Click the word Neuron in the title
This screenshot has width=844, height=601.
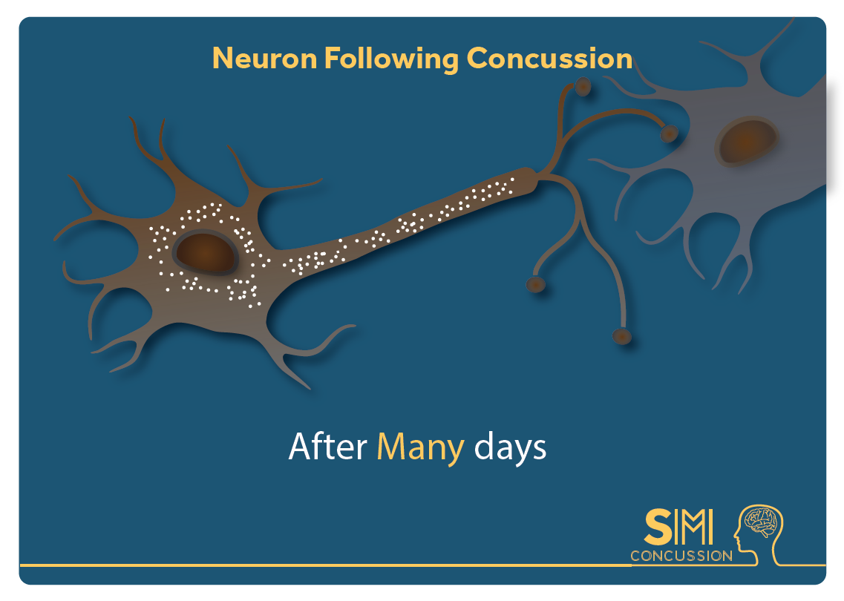tap(265, 58)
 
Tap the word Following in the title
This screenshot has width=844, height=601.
tap(391, 59)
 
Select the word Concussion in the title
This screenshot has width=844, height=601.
tap(549, 58)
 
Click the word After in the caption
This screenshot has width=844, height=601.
tap(328, 447)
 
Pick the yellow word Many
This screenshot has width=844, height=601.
tap(420, 449)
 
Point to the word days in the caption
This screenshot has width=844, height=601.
tap(510, 447)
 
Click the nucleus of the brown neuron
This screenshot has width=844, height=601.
tap(205, 252)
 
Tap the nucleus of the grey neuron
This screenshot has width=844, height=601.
tap(746, 141)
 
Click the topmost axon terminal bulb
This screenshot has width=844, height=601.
tap(583, 86)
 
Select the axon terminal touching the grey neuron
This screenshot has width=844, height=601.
tap(669, 133)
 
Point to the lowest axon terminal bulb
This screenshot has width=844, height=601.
tap(622, 336)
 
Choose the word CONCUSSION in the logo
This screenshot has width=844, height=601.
tap(681, 556)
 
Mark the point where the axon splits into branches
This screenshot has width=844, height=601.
tap(541, 175)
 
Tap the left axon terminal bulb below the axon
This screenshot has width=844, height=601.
tap(536, 283)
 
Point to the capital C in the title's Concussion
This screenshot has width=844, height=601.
tap(477, 58)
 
